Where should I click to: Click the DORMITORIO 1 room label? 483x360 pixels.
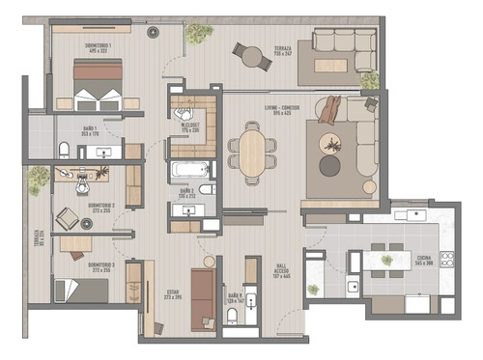click(99, 48)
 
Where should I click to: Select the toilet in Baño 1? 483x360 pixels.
click(63, 148)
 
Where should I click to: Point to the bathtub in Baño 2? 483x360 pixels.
click(189, 171)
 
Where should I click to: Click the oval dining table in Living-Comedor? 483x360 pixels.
click(251, 152)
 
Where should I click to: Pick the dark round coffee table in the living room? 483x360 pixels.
click(329, 166)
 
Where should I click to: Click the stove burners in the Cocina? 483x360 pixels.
click(447, 259)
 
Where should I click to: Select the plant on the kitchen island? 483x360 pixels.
click(386, 259)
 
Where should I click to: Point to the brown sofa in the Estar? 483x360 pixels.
click(203, 298)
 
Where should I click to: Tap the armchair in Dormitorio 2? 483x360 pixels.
click(67, 216)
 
